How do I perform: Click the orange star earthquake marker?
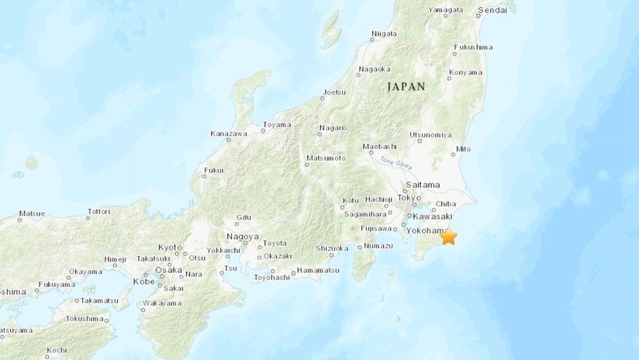click(448, 237)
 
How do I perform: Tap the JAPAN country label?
click(406, 87)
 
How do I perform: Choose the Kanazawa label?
click(229, 134)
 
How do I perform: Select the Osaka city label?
click(168, 270)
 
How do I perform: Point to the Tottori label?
click(98, 211)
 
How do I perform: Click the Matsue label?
click(32, 213)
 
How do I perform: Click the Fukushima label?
click(473, 47)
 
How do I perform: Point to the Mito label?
click(463, 148)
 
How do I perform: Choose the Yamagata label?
click(445, 10)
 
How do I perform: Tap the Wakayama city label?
click(163, 303)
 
